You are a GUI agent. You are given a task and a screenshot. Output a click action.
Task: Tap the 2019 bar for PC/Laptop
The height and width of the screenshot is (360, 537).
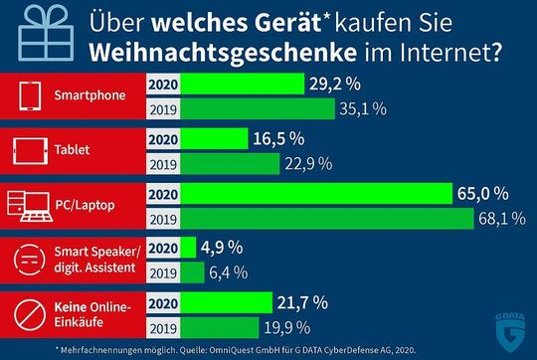[x=328, y=218]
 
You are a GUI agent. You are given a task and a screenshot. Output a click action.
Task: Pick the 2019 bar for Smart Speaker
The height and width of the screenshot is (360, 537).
[x=194, y=271]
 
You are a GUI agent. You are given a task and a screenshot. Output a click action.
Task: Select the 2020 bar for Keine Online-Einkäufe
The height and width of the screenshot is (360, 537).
[x=228, y=301]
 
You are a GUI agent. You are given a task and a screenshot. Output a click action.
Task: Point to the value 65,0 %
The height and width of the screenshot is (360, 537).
[x=490, y=193]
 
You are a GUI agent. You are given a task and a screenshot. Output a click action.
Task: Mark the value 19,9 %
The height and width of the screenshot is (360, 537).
[x=290, y=325]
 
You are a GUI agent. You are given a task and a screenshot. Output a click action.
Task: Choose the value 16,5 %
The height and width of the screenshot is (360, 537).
[x=276, y=139]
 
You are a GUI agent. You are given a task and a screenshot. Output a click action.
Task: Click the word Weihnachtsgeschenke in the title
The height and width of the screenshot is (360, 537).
[x=184, y=52]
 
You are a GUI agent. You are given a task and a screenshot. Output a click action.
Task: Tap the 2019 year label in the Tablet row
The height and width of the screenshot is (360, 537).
[x=163, y=164]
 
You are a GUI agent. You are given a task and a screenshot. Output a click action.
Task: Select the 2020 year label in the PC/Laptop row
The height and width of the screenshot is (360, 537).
[x=163, y=193]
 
